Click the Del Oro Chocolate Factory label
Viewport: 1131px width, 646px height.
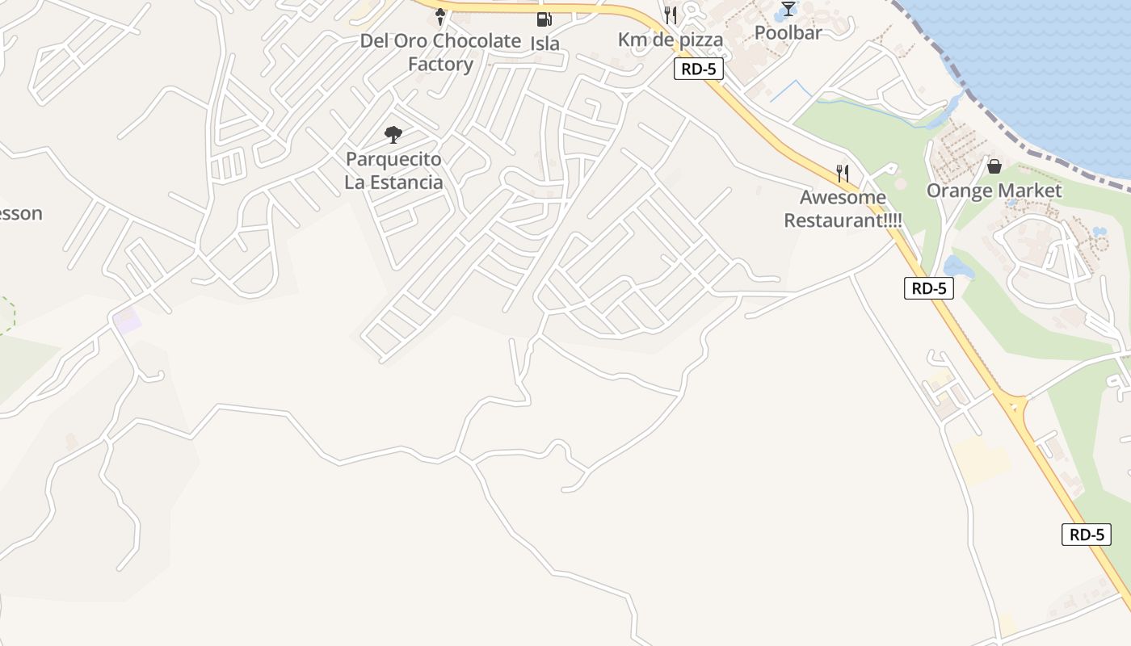pyautogui.click(x=440, y=52)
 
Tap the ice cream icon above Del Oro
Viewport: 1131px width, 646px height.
pyautogui.click(x=440, y=15)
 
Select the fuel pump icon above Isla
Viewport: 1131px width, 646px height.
pyautogui.click(x=544, y=19)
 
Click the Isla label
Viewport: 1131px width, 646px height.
pyautogui.click(x=545, y=43)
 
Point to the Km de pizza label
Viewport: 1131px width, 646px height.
pyautogui.click(x=671, y=39)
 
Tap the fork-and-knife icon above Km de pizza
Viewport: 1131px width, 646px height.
pyautogui.click(x=670, y=15)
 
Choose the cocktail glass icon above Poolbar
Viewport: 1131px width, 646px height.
pyautogui.click(x=788, y=10)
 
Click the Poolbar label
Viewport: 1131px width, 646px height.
pyautogui.click(x=788, y=32)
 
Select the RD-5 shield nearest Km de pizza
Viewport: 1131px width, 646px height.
pyautogui.click(x=698, y=69)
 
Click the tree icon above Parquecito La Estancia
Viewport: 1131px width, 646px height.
pyautogui.click(x=393, y=134)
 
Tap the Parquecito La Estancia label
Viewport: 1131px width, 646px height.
pyautogui.click(x=393, y=170)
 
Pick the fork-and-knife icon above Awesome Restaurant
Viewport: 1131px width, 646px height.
pyautogui.click(x=843, y=173)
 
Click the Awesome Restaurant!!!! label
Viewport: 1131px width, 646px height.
pyautogui.click(x=843, y=208)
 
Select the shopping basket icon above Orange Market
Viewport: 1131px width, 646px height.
pyautogui.click(x=994, y=166)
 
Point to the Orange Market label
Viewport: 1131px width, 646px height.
pyautogui.click(x=994, y=191)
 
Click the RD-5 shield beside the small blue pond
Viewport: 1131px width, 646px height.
pyautogui.click(x=928, y=288)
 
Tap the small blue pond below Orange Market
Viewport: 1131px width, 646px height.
pyautogui.click(x=958, y=267)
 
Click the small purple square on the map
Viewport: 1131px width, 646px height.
pyautogui.click(x=127, y=320)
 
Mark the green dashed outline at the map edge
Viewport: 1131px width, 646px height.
pyautogui.click(x=6, y=315)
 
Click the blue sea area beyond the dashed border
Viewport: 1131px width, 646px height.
pyautogui.click(x=1042, y=65)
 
